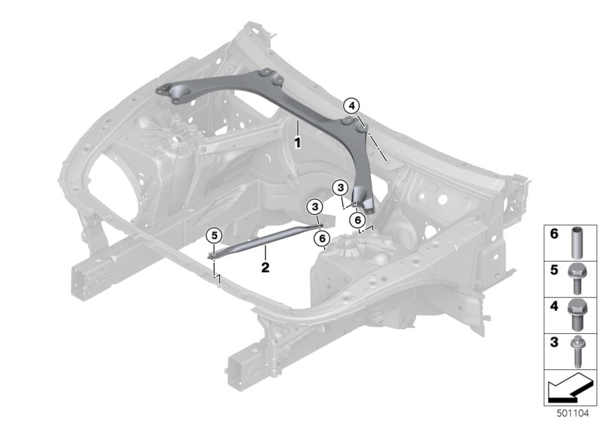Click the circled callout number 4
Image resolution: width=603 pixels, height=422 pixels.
352,105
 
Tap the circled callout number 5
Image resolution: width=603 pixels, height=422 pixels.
214,235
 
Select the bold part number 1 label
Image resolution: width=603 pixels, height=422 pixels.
297,143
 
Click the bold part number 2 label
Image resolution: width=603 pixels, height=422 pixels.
265,267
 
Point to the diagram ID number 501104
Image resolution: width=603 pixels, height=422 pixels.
573,414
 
